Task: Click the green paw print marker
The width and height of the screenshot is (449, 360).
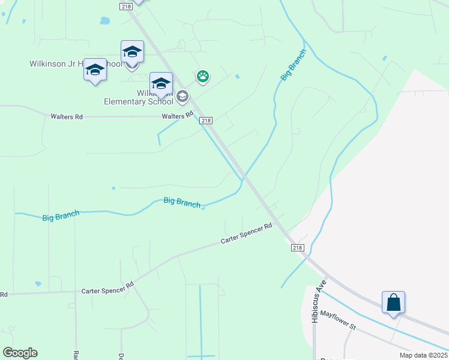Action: [203, 76]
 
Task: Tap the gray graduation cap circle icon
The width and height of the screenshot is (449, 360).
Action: [182, 96]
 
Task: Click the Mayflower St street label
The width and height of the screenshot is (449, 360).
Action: [338, 320]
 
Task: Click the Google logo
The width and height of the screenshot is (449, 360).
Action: [20, 353]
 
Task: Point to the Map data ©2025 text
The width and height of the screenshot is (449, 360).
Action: [423, 355]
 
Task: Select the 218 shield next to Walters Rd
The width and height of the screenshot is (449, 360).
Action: [206, 121]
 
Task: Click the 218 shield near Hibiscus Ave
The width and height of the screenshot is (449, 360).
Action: [298, 248]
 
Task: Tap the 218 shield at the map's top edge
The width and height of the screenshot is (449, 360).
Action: [125, 6]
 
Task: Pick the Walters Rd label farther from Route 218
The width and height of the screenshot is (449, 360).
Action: [67, 116]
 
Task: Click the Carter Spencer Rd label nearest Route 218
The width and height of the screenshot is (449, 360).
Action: [246, 233]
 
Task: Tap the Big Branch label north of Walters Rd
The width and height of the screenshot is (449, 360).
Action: [294, 65]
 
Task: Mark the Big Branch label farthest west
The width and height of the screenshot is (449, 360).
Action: [61, 216]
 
